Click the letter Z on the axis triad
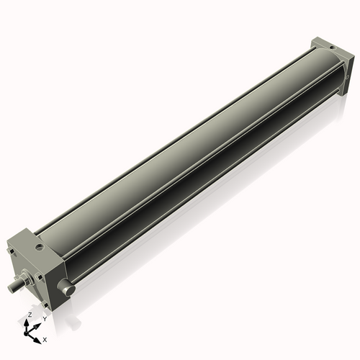(30, 315)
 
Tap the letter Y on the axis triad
(45, 318)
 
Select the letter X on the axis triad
(45, 338)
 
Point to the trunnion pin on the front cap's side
(68, 288)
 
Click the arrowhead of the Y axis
(38, 323)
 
